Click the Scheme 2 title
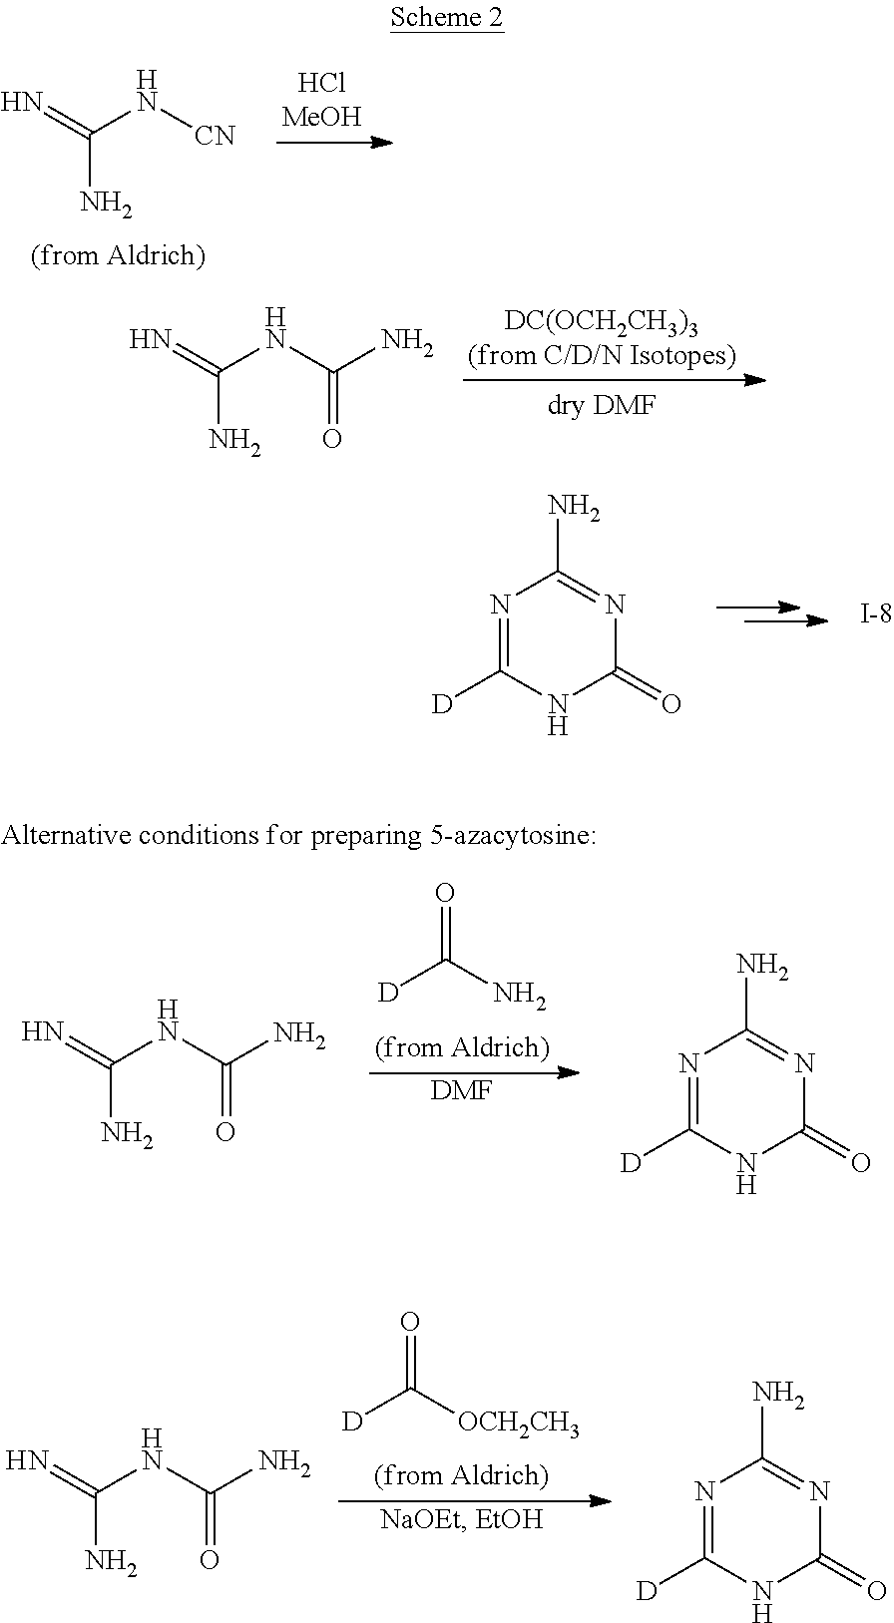(447, 17)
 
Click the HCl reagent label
(321, 84)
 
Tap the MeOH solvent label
(321, 117)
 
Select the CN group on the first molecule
(216, 136)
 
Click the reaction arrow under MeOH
(334, 142)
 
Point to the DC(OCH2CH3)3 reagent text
(601, 321)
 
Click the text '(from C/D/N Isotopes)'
(602, 355)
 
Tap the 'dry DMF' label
(602, 405)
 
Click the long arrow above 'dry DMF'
(615, 379)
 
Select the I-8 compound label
(875, 615)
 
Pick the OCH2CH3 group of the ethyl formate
(518, 1423)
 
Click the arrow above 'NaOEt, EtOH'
(475, 1500)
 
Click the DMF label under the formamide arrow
(462, 1090)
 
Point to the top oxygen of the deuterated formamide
(445, 893)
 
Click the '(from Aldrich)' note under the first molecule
(118, 255)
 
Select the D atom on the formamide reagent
(388, 992)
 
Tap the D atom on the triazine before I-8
(442, 703)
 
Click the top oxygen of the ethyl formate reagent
(409, 1323)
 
